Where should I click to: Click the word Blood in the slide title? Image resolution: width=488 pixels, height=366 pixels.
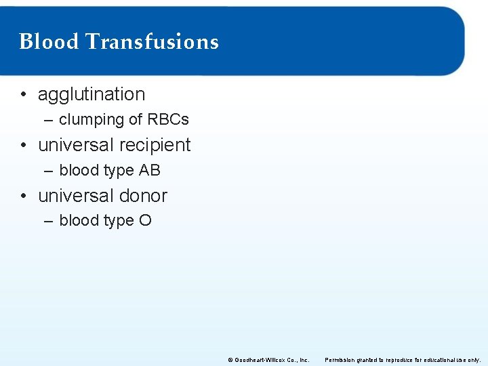click(x=49, y=42)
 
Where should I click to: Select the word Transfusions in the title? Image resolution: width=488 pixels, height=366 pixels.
click(x=152, y=42)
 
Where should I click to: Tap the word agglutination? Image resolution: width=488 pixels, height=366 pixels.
click(x=91, y=94)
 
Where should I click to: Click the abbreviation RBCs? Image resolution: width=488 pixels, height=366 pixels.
click(x=167, y=120)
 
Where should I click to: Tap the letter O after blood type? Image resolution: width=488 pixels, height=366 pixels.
click(x=145, y=221)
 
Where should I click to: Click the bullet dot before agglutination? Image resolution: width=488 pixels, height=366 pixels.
click(x=24, y=95)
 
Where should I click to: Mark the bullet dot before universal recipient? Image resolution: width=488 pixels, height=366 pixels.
click(x=24, y=146)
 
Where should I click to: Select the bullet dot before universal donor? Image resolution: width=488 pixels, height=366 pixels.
click(x=24, y=197)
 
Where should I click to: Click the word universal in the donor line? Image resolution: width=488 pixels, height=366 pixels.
click(x=76, y=196)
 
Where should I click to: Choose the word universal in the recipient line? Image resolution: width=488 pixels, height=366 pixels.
click(x=76, y=145)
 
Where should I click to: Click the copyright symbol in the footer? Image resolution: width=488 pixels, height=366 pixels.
click(x=230, y=360)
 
